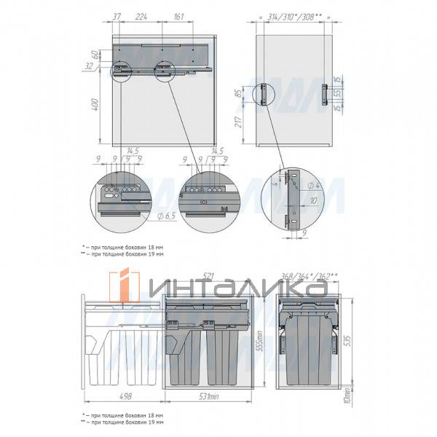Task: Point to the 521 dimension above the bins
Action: click(x=207, y=275)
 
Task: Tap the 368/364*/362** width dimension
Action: click(x=310, y=275)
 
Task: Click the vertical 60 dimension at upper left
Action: click(x=95, y=55)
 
